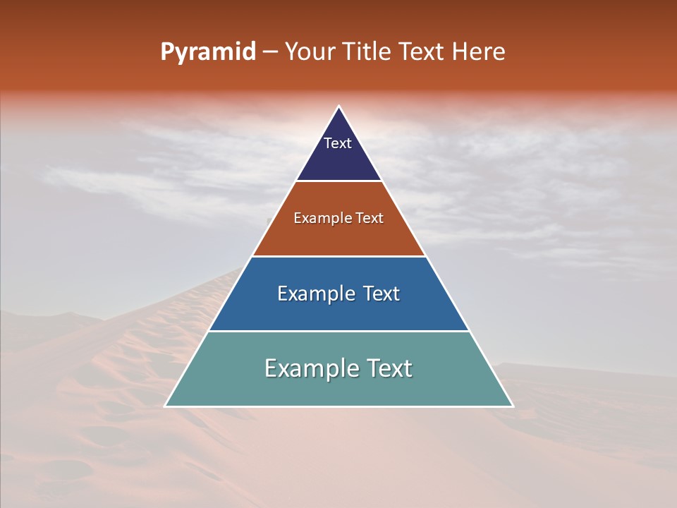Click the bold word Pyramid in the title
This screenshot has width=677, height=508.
click(x=208, y=52)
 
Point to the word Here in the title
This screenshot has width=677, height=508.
click(x=479, y=52)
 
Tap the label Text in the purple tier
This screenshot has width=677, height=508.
click(x=338, y=143)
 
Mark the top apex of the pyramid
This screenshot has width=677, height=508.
click(x=339, y=107)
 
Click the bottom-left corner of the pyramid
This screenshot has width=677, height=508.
click(x=165, y=406)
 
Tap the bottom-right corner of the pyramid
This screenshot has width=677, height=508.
click(x=513, y=406)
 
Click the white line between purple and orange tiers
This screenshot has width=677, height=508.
click(x=338, y=181)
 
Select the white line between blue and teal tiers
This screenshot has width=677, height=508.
click(x=338, y=331)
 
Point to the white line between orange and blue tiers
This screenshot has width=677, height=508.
click(x=338, y=256)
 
